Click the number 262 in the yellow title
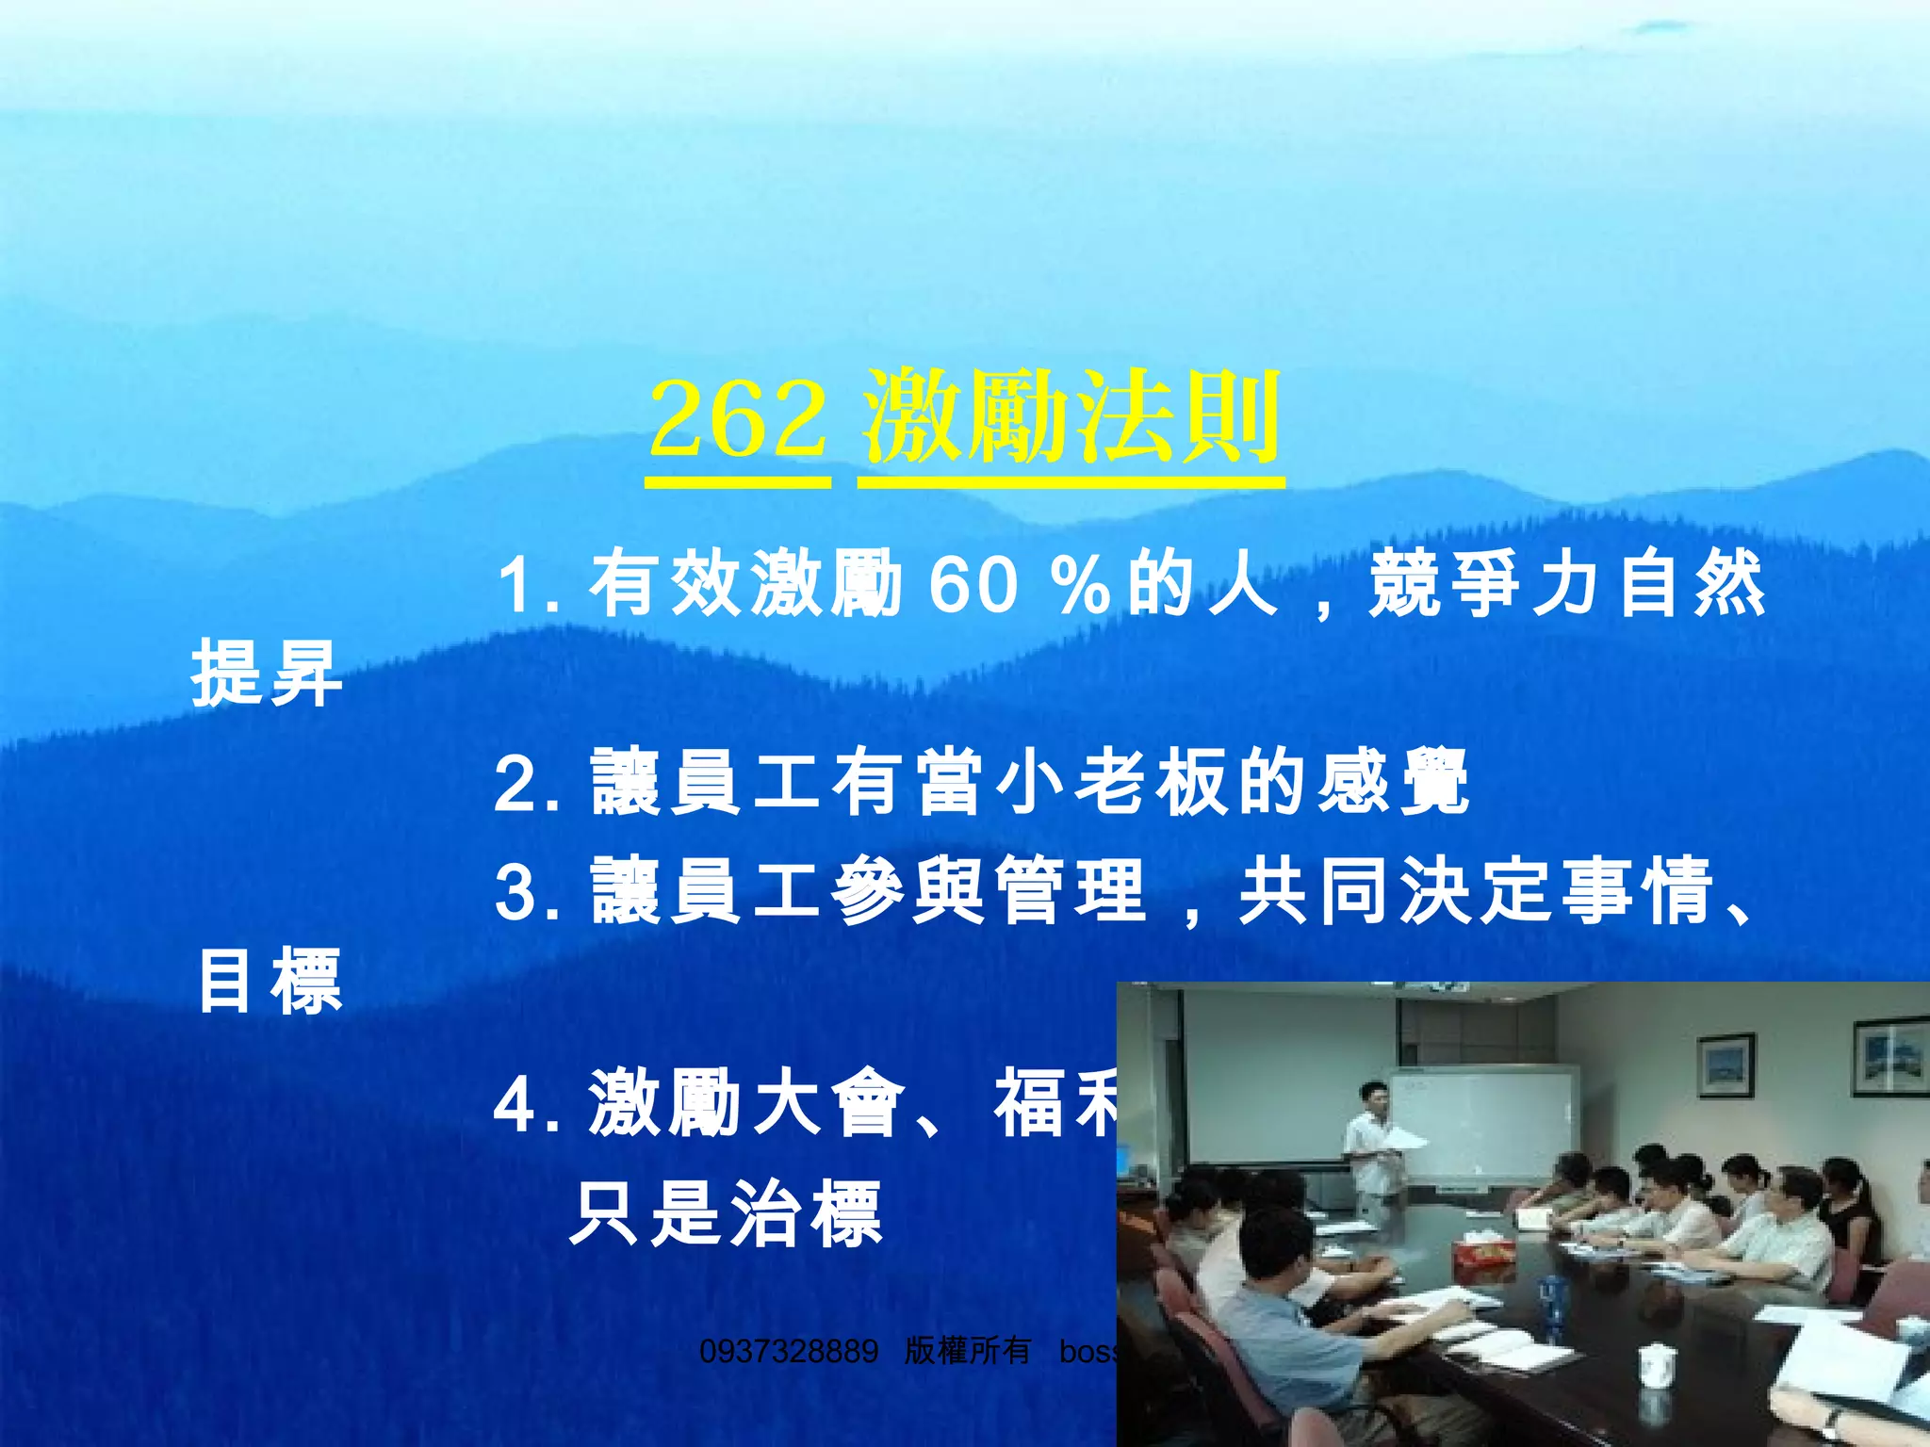coord(737,419)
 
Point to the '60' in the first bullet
coord(973,585)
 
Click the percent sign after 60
coord(1082,585)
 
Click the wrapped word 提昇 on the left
coord(267,673)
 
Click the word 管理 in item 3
coord(1071,890)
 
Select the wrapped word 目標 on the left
coord(270,982)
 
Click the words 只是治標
coord(726,1213)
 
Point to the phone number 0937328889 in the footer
coord(789,1351)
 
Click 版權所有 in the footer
coord(967,1351)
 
